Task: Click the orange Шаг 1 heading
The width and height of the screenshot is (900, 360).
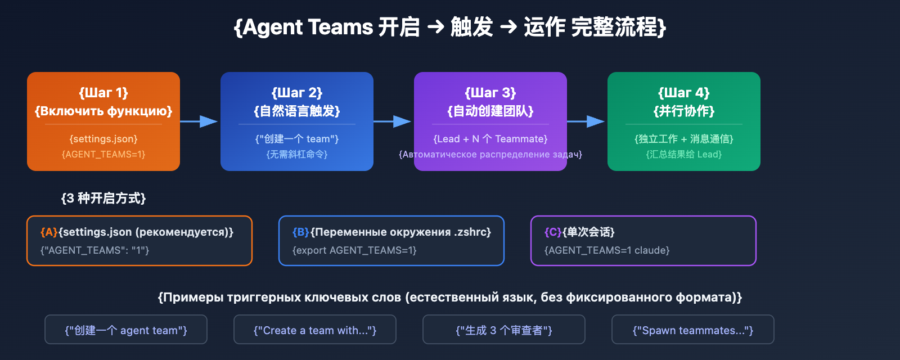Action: coord(103,93)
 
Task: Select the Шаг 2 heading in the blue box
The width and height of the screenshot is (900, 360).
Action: coord(297,93)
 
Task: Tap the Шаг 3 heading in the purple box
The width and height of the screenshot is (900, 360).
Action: coord(490,93)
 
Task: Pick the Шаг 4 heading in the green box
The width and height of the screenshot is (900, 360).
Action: coord(684,93)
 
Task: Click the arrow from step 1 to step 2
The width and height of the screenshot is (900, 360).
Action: coord(200,121)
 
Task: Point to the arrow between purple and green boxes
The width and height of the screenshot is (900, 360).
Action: coord(586,121)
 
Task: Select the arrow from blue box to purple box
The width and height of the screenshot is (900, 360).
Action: coord(393,121)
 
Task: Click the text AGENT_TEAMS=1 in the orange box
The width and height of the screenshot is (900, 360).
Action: coord(103,154)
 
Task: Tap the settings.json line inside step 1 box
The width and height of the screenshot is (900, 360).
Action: coord(103,139)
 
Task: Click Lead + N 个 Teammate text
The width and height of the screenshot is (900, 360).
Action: coord(490,139)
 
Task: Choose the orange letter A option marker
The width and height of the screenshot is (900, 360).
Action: coord(49,232)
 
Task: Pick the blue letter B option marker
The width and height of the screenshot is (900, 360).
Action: coord(301,232)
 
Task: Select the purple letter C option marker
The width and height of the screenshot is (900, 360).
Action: coord(553,232)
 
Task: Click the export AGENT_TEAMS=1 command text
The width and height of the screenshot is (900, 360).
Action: coord(354,250)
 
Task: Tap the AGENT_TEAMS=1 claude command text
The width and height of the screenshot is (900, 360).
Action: coord(607,250)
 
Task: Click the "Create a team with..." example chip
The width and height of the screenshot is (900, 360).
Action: coord(315,330)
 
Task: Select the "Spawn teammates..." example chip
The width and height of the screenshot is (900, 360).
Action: coord(693,330)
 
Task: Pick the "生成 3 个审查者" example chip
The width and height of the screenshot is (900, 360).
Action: coord(504,330)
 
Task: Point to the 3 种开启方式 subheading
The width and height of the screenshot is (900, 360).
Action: coord(103,198)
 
